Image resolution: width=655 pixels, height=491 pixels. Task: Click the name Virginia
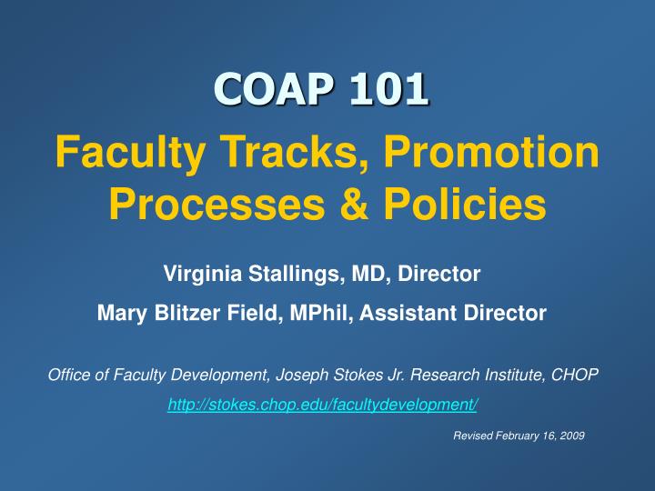pos(195,273)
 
